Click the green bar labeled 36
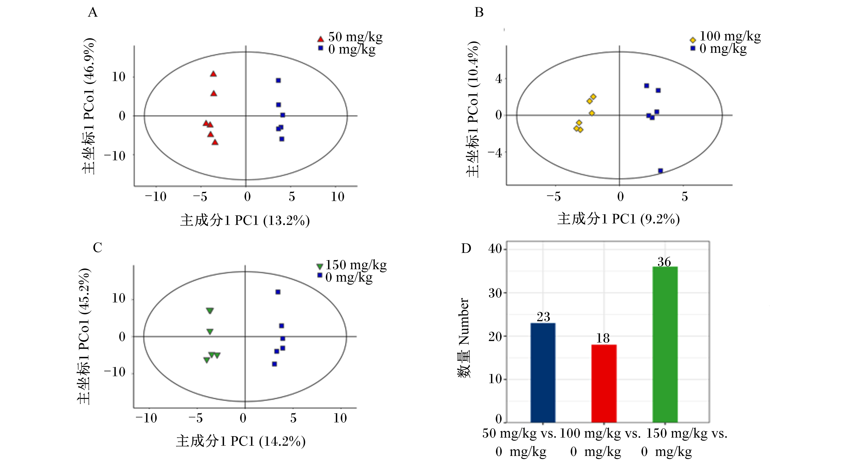(x=665, y=344)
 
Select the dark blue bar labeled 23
(x=543, y=373)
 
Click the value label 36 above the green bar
(x=664, y=262)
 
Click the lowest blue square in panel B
(x=661, y=171)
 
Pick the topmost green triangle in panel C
(x=210, y=311)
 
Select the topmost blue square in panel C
(x=278, y=292)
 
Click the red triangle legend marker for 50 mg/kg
(x=320, y=39)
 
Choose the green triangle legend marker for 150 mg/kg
(x=320, y=266)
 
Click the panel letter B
(x=479, y=12)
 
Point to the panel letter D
(x=466, y=248)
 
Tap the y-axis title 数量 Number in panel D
(x=464, y=338)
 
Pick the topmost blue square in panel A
(x=278, y=80)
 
